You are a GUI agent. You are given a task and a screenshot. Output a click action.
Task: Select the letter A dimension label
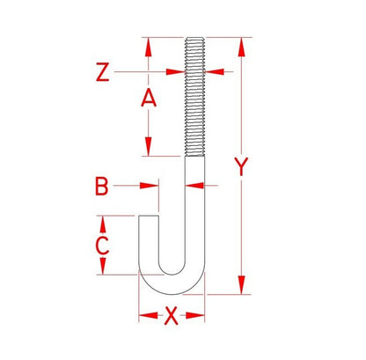click(149, 99)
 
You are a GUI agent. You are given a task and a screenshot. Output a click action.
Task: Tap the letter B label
click(102, 186)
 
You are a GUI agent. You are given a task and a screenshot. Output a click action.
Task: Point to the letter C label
click(102, 245)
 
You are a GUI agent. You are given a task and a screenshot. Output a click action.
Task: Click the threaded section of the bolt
click(194, 97)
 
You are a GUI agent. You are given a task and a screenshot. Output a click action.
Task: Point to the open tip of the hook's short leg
click(149, 215)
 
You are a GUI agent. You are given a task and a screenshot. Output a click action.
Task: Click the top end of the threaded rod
click(194, 40)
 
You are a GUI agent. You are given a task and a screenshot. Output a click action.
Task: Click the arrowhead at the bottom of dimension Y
click(240, 288)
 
